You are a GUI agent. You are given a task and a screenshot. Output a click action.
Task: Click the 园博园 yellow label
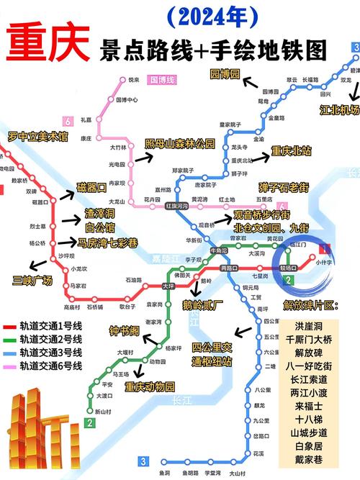coord(222,74)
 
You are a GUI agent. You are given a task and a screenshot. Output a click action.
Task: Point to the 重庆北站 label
coord(291,151)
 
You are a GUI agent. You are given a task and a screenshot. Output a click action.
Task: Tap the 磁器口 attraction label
coord(91,188)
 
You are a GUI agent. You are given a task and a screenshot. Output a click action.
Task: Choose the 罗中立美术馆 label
coord(37,135)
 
